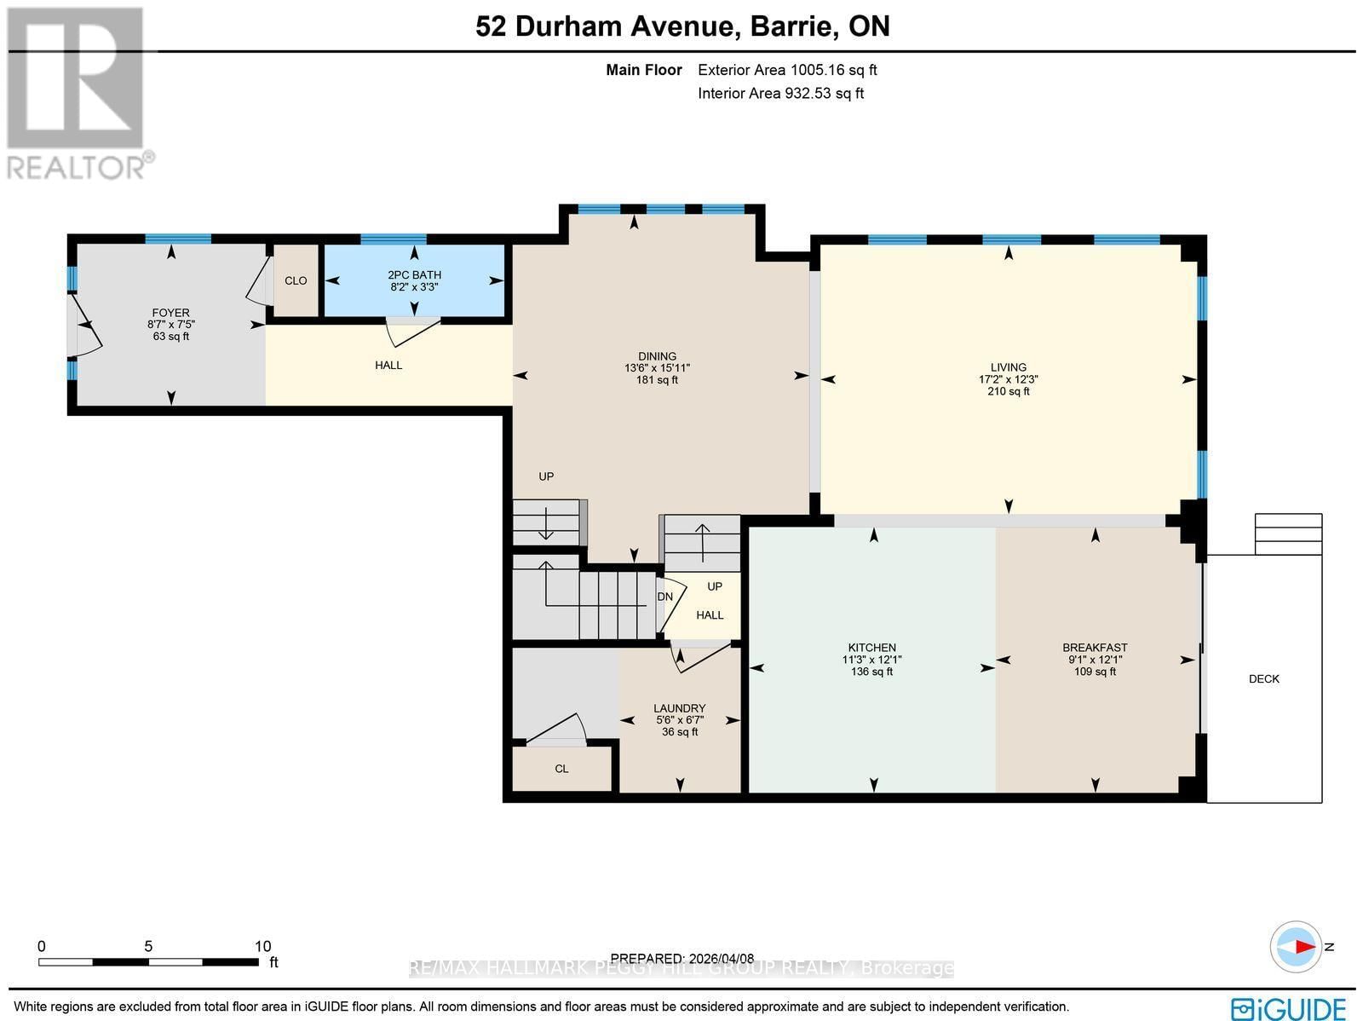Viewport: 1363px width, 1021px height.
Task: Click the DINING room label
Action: (x=657, y=356)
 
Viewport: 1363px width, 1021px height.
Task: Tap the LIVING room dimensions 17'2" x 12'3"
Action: (x=1008, y=379)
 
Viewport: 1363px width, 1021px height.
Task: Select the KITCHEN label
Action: (x=871, y=648)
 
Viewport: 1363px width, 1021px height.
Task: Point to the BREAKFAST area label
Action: (x=1095, y=648)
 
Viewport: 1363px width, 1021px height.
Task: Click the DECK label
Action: (x=1263, y=679)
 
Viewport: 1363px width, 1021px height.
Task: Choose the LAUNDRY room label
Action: (x=679, y=708)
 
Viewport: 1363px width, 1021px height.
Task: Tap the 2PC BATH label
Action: (x=414, y=275)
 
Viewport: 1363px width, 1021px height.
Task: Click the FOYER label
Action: (x=170, y=313)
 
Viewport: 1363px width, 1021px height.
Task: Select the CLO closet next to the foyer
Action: (x=296, y=281)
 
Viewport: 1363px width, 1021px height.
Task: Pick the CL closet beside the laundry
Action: (x=561, y=769)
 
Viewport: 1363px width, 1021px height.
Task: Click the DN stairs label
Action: (x=665, y=597)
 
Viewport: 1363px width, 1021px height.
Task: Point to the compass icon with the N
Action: (x=1296, y=947)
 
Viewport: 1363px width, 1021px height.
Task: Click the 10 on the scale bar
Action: (x=262, y=946)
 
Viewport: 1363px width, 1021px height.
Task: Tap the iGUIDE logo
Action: (x=1289, y=1008)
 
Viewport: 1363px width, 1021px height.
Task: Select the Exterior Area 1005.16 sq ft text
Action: (x=787, y=71)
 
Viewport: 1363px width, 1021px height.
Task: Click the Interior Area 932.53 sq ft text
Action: (x=780, y=94)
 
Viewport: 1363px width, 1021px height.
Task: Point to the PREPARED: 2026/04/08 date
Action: (x=682, y=958)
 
